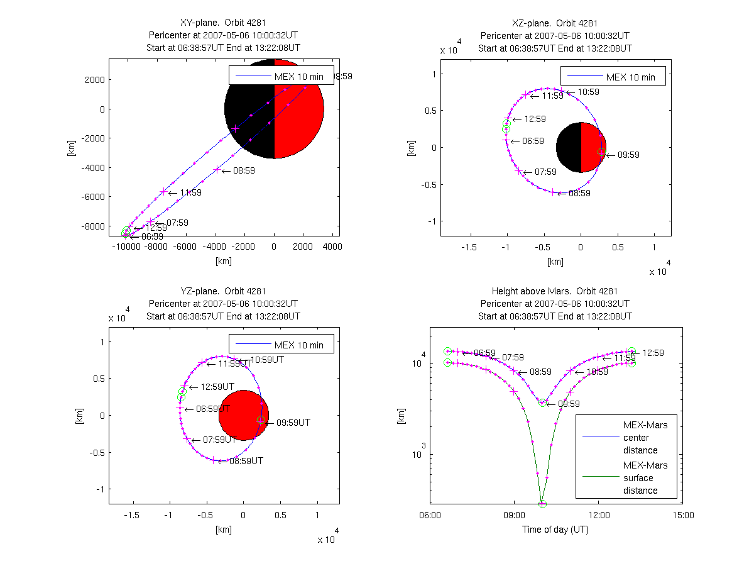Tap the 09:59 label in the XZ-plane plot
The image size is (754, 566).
tap(627, 155)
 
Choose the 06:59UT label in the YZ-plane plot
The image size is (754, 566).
tap(212, 409)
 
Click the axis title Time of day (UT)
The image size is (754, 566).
tap(555, 530)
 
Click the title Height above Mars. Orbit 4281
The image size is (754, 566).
tap(555, 291)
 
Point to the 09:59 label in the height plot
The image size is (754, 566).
tap(568, 404)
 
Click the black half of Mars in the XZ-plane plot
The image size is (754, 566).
tap(569, 147)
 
